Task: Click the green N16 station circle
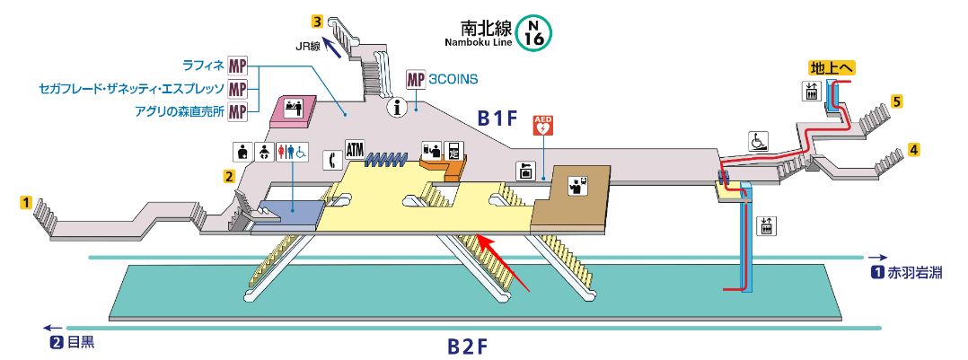[x=534, y=33]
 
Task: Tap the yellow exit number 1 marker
[x=26, y=202]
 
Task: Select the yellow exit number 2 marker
[x=229, y=177]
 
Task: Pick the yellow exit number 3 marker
[x=317, y=22]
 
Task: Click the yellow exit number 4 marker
[x=913, y=149]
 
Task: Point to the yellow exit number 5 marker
[x=896, y=101]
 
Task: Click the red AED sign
[x=542, y=126]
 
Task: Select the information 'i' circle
[x=397, y=108]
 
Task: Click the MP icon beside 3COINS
[x=416, y=79]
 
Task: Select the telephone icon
[x=331, y=160]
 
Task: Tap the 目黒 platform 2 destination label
[x=73, y=341]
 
